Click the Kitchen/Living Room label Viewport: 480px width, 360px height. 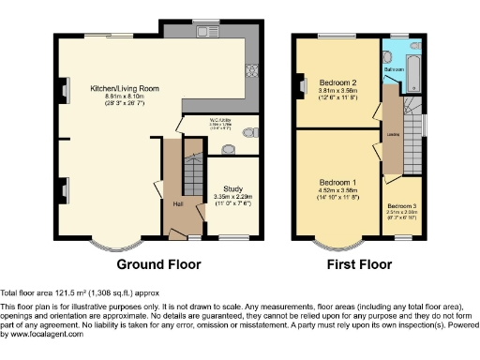pos(125,87)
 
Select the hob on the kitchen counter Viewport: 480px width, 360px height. pos(249,69)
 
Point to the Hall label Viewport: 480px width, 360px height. pos(178,203)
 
